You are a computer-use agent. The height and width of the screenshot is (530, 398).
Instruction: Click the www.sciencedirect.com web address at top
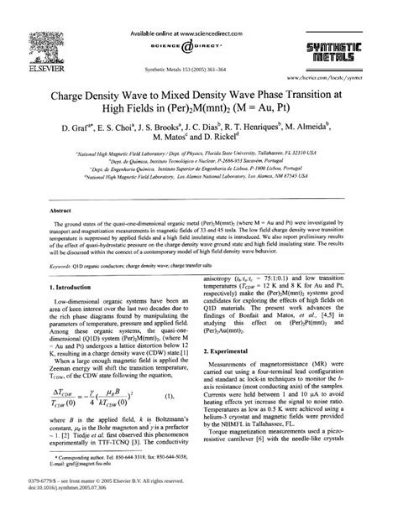(199, 8)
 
